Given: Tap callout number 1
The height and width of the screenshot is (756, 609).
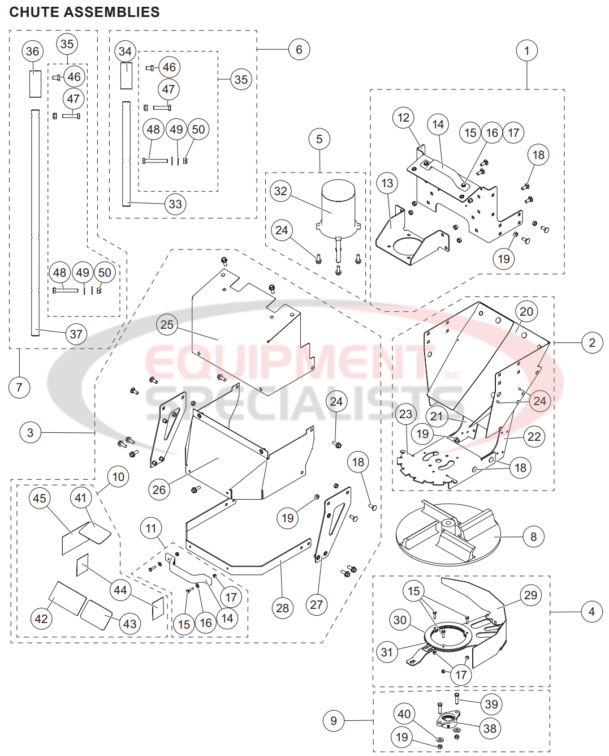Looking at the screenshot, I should (526, 51).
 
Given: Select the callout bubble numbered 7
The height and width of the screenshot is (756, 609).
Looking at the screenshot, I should (19, 388).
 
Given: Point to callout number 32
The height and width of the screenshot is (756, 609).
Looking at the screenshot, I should (280, 191).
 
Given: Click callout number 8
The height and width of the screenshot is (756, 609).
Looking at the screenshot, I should (533, 536).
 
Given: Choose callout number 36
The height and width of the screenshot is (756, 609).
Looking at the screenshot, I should (32, 51).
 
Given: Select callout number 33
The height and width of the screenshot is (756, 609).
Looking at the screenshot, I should (175, 204).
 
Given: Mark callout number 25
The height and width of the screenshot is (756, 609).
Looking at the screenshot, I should (167, 325).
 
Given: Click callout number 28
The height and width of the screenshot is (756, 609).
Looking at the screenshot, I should (282, 608).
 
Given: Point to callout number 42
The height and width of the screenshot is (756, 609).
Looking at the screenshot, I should (41, 618).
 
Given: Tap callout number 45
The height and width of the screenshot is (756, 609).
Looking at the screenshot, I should (39, 499).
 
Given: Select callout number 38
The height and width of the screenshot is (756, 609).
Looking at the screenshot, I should (490, 728).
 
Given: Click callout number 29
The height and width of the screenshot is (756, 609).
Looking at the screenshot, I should (530, 595).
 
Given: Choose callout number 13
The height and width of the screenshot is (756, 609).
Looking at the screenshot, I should (387, 183).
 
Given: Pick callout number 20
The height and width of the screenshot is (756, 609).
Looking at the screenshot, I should (526, 312).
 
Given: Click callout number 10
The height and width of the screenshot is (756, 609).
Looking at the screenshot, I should (118, 477).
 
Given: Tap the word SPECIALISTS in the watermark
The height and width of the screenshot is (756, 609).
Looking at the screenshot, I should (305, 402).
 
